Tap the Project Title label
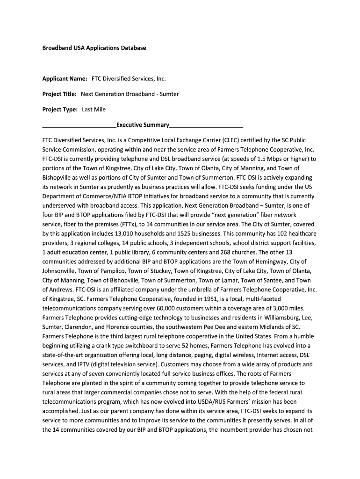click(x=59, y=94)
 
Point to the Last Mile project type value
click(x=94, y=109)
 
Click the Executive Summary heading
click(x=143, y=125)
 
